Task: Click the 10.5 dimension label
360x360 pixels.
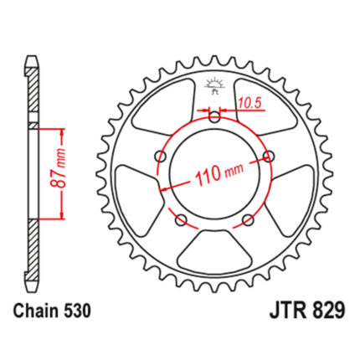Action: coord(249,104)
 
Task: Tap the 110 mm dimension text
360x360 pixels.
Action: coord(219,174)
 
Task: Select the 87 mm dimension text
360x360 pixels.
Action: coord(59,167)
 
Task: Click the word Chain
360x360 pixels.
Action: coord(36,311)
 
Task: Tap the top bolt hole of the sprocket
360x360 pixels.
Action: coord(214,116)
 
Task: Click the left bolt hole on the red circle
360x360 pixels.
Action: coord(161,156)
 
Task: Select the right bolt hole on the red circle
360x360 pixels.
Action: coord(269,156)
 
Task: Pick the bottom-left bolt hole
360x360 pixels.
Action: coord(181,220)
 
